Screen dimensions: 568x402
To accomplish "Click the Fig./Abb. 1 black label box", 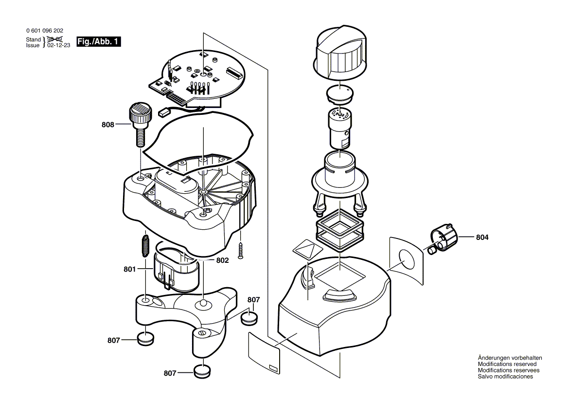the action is pos(99,42).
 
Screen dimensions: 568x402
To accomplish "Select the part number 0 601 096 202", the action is pos(45,31).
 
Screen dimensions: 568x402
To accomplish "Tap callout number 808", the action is pos(107,125).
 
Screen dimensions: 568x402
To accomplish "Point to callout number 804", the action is pos(482,237).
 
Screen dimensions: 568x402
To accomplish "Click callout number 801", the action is pos(129,269).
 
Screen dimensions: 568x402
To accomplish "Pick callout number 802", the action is pos(222,260).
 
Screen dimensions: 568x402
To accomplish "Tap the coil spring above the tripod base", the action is pos(145,246).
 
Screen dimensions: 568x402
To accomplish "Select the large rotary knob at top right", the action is pos(340,54).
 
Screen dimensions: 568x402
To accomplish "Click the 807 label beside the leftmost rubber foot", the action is pos(113,340).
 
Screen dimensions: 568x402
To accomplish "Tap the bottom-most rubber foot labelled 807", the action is pos(202,371).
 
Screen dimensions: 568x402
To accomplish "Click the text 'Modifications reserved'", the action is pos(507,364).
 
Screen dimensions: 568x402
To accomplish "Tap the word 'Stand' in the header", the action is pos(34,39).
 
